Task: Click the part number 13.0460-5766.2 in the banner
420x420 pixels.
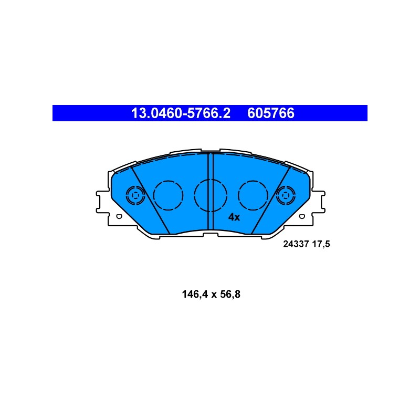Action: coord(181,113)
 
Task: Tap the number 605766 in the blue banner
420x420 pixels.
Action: coord(271,113)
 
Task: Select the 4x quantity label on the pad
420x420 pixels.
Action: coord(234,217)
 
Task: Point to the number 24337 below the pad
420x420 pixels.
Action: coord(296,244)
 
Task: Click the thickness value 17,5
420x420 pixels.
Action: coord(321,244)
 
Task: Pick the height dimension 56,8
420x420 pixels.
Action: coord(230,295)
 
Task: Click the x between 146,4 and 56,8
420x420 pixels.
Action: coord(214,296)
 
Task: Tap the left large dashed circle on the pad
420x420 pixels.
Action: coord(168,195)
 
